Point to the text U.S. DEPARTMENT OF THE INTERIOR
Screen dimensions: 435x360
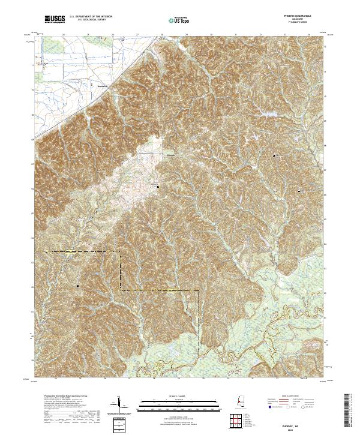point(91,17)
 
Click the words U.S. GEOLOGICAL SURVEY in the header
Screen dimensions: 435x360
point(91,20)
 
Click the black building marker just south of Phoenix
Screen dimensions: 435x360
point(158,187)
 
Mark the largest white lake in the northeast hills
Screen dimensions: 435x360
point(262,112)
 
